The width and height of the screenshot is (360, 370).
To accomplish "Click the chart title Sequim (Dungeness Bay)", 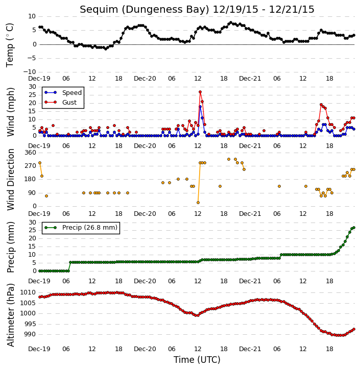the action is pyautogui.click(x=145, y=9).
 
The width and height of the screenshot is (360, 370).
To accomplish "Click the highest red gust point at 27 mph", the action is pyautogui.click(x=200, y=92).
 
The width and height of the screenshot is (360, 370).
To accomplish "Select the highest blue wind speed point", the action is pyautogui.click(x=200, y=107).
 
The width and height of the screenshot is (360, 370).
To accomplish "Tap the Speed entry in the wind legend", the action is pyautogui.click(x=72, y=93).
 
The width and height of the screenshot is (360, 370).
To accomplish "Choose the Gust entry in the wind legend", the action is pyautogui.click(x=69, y=103).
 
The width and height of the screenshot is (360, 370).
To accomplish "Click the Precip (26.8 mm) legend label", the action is pyautogui.click(x=90, y=228).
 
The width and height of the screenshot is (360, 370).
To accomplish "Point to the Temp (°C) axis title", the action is pyautogui.click(x=10, y=45).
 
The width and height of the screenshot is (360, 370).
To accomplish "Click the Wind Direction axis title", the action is pyautogui.click(x=10, y=180).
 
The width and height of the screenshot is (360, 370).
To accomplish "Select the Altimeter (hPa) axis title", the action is pyautogui.click(x=10, y=315).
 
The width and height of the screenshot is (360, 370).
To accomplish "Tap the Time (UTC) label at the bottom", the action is pyautogui.click(x=197, y=360).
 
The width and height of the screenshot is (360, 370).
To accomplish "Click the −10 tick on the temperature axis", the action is pyautogui.click(x=29, y=72).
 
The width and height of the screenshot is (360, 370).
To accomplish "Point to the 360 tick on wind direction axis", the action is pyautogui.click(x=31, y=153).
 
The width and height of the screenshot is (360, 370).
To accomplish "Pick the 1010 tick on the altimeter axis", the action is pyautogui.click(x=28, y=292).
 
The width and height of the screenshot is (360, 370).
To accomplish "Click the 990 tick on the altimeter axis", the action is pyautogui.click(x=30, y=334).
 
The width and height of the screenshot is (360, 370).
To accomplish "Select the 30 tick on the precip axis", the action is pyautogui.click(x=32, y=223).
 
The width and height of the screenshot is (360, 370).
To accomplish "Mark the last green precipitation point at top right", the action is pyautogui.click(x=354, y=228).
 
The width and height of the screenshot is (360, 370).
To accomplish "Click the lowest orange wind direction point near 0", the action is pyautogui.click(x=198, y=203).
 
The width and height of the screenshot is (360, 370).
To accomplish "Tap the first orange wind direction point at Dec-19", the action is pyautogui.click(x=40, y=163).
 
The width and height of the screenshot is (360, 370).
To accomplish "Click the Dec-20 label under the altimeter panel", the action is pyautogui.click(x=145, y=349).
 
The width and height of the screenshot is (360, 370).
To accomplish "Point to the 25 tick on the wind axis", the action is pyautogui.click(x=32, y=95).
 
